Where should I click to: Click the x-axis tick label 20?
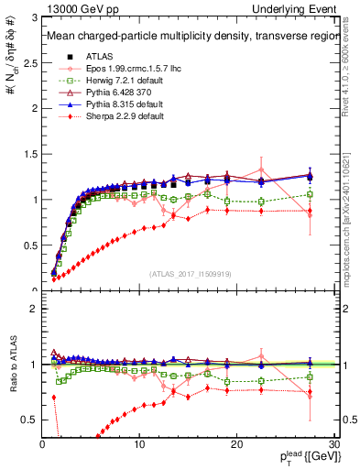click(236, 443)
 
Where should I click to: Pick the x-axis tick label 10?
click(139, 443)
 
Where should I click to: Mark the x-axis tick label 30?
click(333, 443)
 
